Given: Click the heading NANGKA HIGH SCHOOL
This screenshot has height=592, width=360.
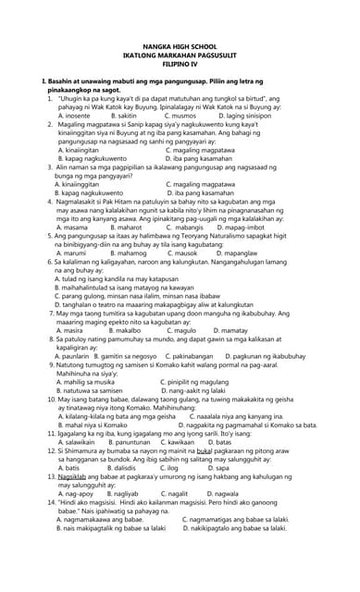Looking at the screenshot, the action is pos(180,45).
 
